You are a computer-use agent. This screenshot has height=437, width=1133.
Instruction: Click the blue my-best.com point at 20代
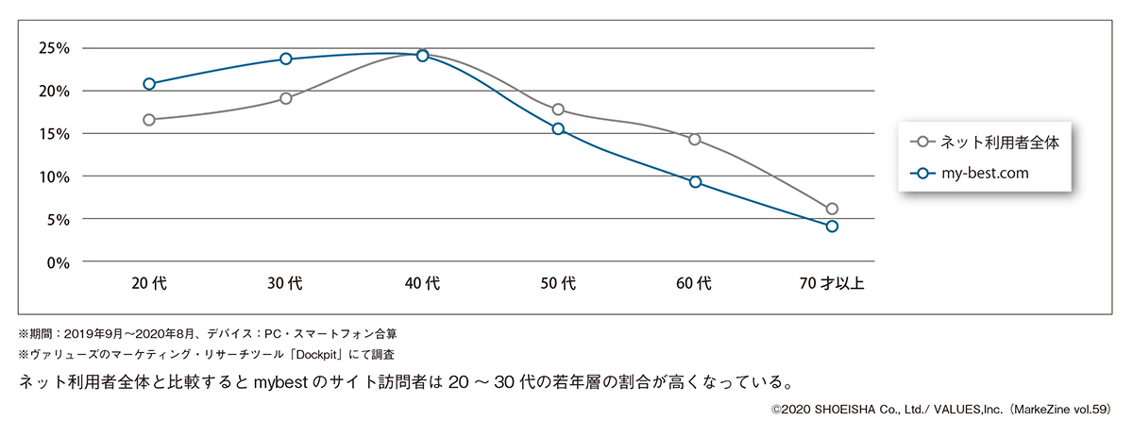(x=149, y=84)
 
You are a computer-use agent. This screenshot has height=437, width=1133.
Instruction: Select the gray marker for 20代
(x=149, y=120)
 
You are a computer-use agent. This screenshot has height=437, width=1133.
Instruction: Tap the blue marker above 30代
(x=285, y=59)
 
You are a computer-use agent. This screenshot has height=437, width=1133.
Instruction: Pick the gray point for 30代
(x=285, y=98)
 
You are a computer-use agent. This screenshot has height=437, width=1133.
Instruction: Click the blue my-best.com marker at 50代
(x=558, y=128)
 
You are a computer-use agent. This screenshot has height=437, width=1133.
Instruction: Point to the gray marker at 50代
(x=558, y=109)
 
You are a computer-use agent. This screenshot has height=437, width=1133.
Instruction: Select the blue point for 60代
(x=695, y=181)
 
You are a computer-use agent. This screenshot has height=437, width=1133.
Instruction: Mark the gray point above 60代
(x=695, y=140)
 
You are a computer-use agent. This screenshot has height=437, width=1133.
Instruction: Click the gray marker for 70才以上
(x=832, y=209)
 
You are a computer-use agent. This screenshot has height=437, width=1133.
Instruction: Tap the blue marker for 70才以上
(x=832, y=227)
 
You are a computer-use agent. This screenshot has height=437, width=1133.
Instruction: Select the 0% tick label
(x=59, y=262)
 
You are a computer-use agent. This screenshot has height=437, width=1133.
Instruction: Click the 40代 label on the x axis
(x=422, y=282)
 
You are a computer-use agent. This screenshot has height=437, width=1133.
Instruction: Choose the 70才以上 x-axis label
(x=832, y=282)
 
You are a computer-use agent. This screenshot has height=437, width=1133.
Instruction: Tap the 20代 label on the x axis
(x=149, y=282)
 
